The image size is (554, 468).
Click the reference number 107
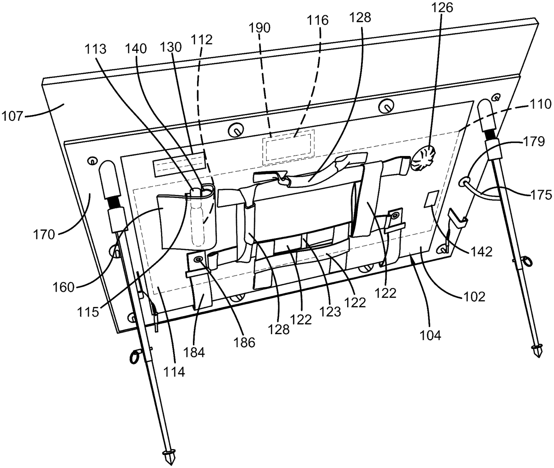[12, 116]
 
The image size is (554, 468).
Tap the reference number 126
[442, 8]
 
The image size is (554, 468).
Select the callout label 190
[260, 28]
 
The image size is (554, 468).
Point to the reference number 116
[318, 20]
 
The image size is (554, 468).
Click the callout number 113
[96, 49]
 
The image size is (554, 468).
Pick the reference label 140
[136, 49]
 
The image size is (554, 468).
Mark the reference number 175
[541, 195]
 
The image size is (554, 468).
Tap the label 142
[482, 251]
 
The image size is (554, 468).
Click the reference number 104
[430, 335]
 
